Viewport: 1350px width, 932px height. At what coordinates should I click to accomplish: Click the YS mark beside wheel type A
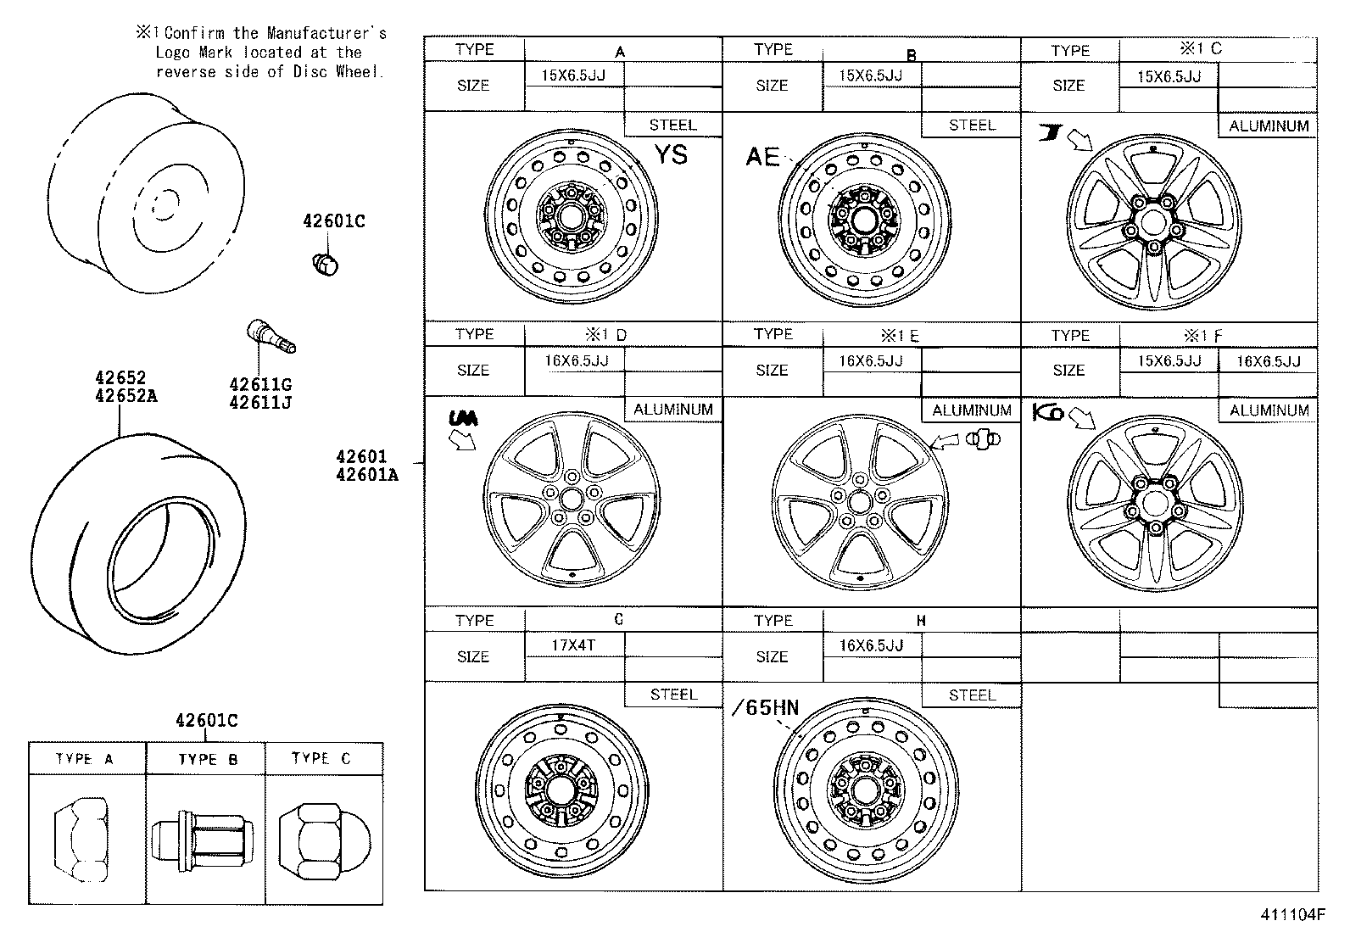pyautogui.click(x=670, y=155)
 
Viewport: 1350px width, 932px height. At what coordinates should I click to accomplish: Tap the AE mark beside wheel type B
pyautogui.click(x=762, y=157)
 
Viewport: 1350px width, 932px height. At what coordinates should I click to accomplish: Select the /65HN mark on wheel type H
pyautogui.click(x=765, y=708)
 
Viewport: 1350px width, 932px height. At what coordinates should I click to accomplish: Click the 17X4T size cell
pyautogui.click(x=573, y=645)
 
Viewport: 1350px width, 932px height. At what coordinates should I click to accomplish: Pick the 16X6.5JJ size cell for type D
pyautogui.click(x=576, y=360)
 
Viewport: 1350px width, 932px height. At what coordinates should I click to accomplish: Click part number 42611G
pyautogui.click(x=259, y=384)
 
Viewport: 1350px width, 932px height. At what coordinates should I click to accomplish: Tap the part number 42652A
pyautogui.click(x=126, y=396)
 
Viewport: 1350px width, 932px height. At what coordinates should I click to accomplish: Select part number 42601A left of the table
pyautogui.click(x=366, y=475)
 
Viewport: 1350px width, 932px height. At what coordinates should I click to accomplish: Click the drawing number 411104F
pyautogui.click(x=1291, y=915)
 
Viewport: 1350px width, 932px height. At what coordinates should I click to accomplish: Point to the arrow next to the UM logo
pyautogui.click(x=463, y=439)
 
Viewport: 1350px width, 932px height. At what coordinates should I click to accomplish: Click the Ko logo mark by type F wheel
pyautogui.click(x=1048, y=413)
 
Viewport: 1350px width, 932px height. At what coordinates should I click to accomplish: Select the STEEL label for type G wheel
pyautogui.click(x=672, y=695)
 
